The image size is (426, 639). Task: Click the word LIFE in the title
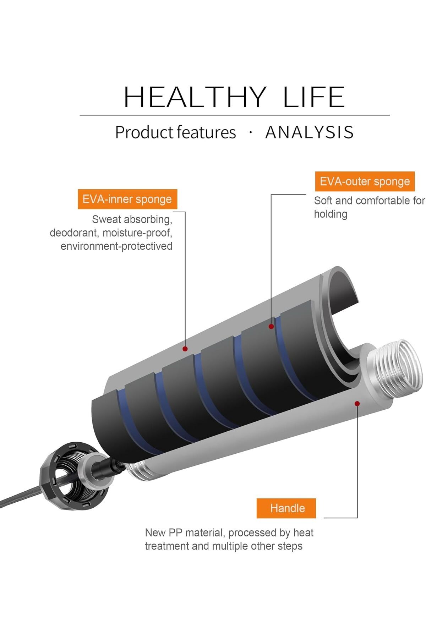click(x=314, y=97)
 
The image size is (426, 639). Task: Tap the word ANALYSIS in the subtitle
click(x=309, y=132)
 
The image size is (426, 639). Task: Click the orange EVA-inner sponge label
click(x=127, y=199)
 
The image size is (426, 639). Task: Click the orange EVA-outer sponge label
click(x=365, y=181)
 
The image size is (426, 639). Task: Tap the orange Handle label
click(x=286, y=508)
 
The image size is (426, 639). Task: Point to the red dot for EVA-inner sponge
click(x=185, y=349)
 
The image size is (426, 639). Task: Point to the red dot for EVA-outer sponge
click(x=271, y=326)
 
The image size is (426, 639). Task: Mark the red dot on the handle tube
click(x=357, y=404)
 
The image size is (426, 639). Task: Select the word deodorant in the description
click(x=73, y=233)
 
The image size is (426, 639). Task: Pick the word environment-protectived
click(x=116, y=246)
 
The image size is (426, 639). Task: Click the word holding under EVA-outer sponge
click(x=331, y=214)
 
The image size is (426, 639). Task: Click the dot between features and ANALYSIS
click(x=251, y=132)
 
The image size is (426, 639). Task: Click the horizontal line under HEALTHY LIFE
click(x=234, y=115)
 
